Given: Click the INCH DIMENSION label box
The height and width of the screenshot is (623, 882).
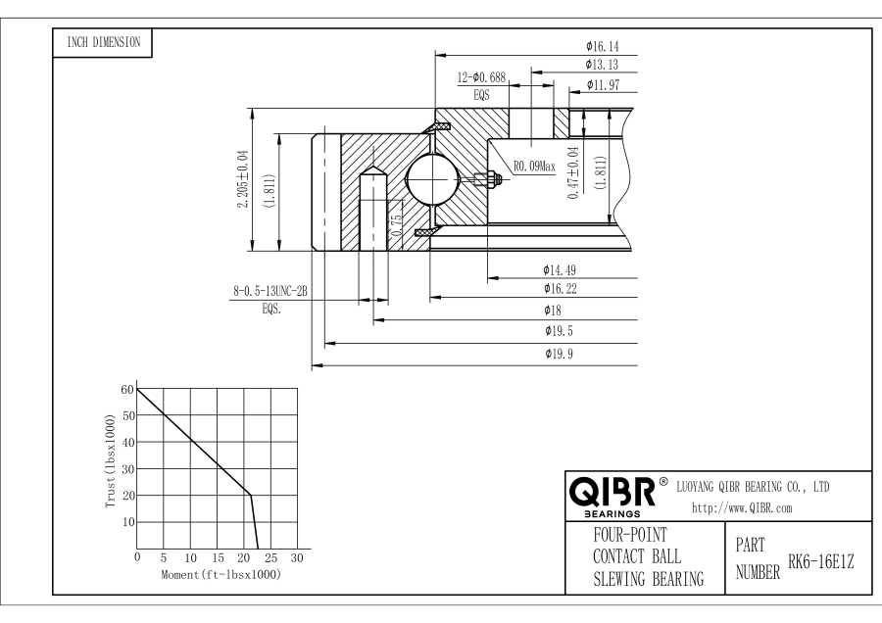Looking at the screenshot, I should pyautogui.click(x=102, y=42).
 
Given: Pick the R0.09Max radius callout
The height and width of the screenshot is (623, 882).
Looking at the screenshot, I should pyautogui.click(x=534, y=167).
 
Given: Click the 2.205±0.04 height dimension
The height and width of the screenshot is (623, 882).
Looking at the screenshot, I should pyautogui.click(x=242, y=179).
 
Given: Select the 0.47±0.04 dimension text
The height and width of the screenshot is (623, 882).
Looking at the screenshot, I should pyautogui.click(x=574, y=173).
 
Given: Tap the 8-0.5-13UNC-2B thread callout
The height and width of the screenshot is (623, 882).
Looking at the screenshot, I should pyautogui.click(x=270, y=291).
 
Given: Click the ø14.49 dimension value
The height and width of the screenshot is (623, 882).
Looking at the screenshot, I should pyautogui.click(x=560, y=269).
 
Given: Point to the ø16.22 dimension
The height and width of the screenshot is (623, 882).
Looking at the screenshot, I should pyautogui.click(x=560, y=288).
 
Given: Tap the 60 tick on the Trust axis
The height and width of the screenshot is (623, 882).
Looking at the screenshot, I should pyautogui.click(x=126, y=389).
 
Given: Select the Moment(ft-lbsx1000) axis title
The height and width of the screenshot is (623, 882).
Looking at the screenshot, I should pyautogui.click(x=220, y=573).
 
